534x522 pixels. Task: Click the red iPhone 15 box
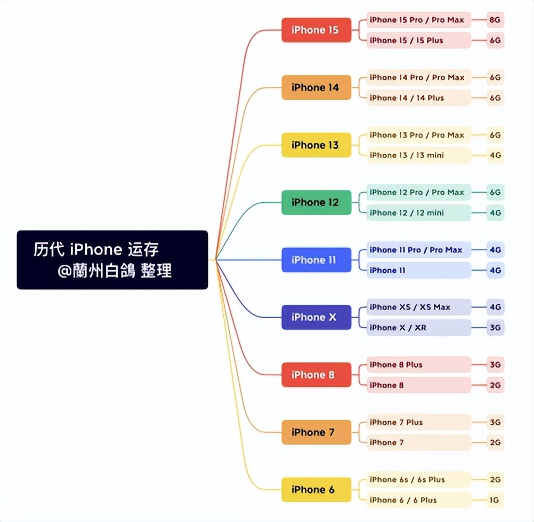[317, 30]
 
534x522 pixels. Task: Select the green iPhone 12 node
[317, 202]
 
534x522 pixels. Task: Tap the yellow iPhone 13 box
[317, 145]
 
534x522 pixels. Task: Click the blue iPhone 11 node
[317, 260]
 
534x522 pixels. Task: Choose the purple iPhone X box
[317, 317]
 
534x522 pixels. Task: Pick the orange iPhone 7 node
[317, 432]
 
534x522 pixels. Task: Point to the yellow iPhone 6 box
[317, 489]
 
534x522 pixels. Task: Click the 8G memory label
[495, 20]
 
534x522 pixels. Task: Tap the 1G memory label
[495, 500]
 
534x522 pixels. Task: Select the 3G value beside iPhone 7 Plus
[495, 422]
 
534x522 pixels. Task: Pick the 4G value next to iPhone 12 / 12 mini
[495, 212]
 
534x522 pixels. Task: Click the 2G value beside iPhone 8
[495, 385]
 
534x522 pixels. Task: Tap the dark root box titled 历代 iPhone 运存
[112, 260]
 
